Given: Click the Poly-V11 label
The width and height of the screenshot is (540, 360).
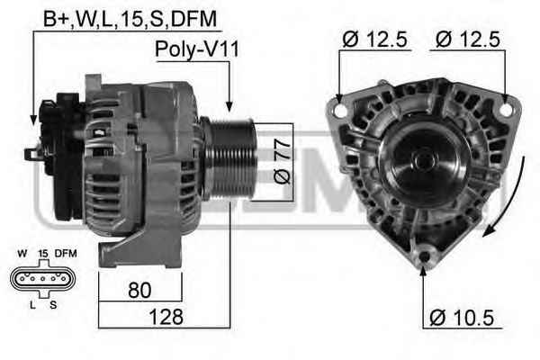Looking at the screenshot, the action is [x=196, y=49].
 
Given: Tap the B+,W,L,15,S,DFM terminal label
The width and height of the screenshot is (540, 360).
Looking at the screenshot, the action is [x=130, y=19].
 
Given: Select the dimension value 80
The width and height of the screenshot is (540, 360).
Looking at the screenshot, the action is [x=139, y=290].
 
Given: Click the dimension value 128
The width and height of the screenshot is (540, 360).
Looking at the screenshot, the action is [x=166, y=316].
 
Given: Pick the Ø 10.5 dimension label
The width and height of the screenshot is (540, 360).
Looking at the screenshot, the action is [x=462, y=318].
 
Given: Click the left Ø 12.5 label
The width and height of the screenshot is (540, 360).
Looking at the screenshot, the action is [x=374, y=40].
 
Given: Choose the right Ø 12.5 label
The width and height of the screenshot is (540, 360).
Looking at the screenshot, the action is [x=468, y=40].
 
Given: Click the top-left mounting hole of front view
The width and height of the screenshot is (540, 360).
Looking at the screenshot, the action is [x=341, y=110].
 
